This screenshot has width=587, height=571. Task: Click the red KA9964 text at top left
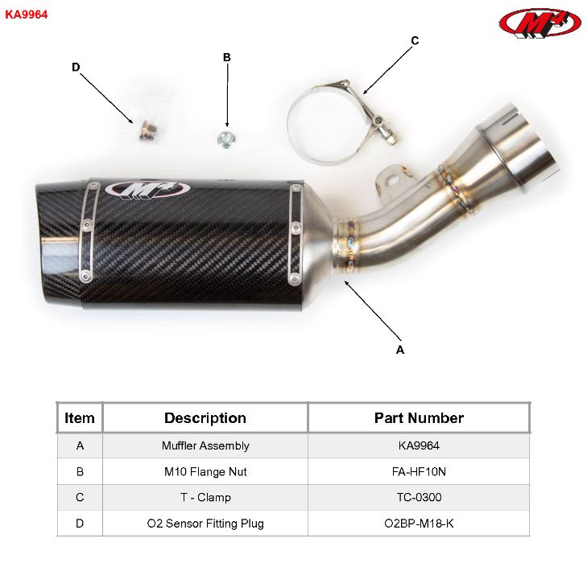point(27,14)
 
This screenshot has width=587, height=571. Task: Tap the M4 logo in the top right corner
point(539,23)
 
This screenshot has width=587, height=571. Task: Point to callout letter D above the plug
point(76,68)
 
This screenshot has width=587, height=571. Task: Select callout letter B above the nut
point(227,57)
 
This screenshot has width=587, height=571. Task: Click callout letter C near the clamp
point(415,40)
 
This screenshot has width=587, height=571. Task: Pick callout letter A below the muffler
point(400,350)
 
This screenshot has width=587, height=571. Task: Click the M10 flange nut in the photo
point(226,138)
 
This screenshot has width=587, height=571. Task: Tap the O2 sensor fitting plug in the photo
point(146,129)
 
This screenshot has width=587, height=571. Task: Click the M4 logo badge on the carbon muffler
point(147,190)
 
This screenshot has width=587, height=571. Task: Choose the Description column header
point(205,418)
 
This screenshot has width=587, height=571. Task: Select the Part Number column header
point(419,418)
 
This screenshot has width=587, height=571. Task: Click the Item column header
point(80,418)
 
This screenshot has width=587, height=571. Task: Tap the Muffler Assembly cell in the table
point(205,446)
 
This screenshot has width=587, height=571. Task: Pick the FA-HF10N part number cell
point(419,471)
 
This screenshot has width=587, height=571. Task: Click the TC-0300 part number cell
point(419,497)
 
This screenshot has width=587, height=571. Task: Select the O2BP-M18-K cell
point(419,524)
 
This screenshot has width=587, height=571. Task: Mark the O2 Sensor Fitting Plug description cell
point(205,524)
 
